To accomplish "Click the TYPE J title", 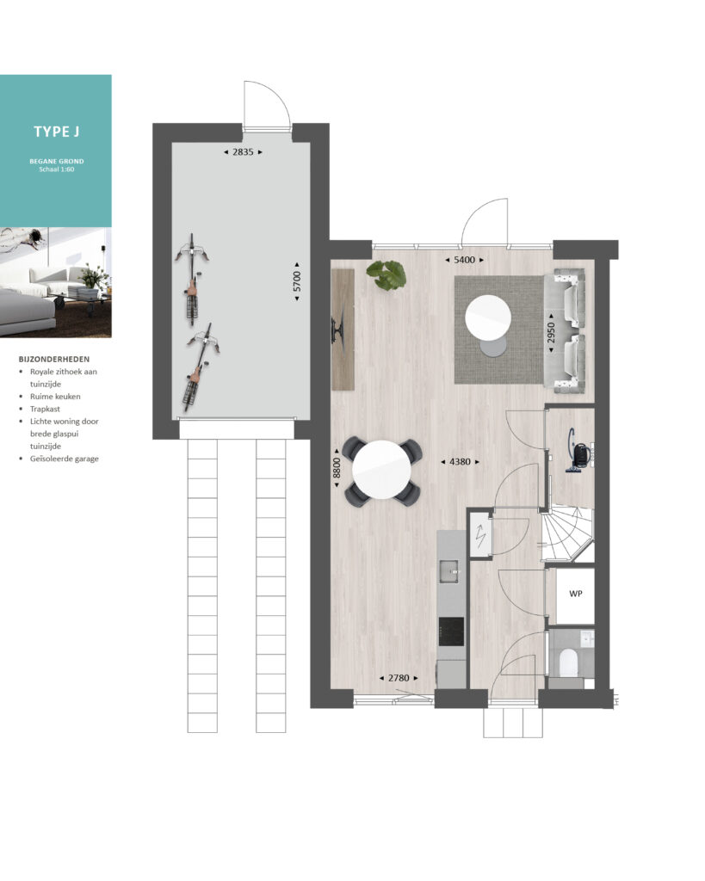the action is (x=56, y=132).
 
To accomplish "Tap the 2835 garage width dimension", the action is (x=243, y=151).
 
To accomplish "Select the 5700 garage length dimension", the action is (x=297, y=281).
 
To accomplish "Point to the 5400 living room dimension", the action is (x=464, y=260).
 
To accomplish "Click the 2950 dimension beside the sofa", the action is (x=551, y=333).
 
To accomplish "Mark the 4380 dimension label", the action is (x=460, y=461).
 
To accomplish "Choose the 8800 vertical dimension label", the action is (x=337, y=467).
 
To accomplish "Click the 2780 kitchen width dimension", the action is (x=399, y=678).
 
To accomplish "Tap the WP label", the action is (x=575, y=594).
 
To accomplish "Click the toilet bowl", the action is (x=569, y=662).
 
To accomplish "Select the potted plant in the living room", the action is (x=387, y=274).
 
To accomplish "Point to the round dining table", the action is (x=381, y=471).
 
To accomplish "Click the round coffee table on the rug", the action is (x=488, y=318).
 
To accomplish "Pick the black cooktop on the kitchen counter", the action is (x=451, y=631).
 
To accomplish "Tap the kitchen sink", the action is (x=449, y=571).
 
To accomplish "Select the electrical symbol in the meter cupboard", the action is (x=480, y=537).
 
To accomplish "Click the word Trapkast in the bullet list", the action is (x=45, y=409).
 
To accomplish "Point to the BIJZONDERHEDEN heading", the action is (x=54, y=359).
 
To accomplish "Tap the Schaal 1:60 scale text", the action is (x=57, y=169).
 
